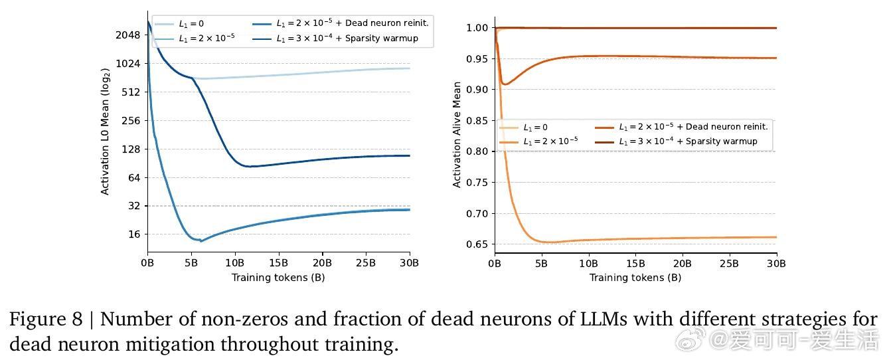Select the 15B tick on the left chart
point(278,263)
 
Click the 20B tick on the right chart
point(683,263)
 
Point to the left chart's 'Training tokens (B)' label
point(278,277)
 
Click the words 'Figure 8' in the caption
point(43,320)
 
